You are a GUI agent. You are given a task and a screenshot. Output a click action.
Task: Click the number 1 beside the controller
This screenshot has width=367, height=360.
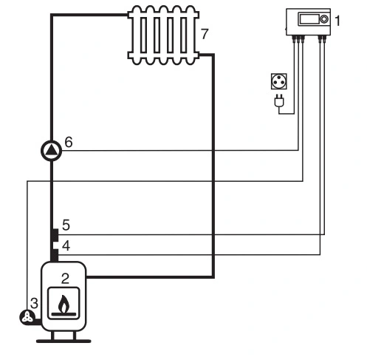coord(337,21)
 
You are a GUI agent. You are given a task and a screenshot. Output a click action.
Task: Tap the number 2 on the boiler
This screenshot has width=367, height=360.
coord(65,279)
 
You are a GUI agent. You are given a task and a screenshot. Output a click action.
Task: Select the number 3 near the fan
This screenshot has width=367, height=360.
coord(34,303)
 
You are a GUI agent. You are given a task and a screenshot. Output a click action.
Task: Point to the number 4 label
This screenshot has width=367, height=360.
coord(66,245)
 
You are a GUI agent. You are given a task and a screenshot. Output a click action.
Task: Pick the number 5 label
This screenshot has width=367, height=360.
coord(66,225)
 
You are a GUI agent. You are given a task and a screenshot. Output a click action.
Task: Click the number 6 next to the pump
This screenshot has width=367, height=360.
coord(69,142)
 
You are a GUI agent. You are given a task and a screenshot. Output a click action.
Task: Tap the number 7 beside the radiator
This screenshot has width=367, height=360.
coord(205,34)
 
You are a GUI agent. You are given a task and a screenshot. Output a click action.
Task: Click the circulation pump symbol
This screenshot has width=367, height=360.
coord(51,151)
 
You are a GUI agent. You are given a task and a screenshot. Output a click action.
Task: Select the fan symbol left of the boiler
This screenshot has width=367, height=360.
coord(27,317)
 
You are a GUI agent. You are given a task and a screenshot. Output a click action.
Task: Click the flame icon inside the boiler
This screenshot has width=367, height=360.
coord(64,304)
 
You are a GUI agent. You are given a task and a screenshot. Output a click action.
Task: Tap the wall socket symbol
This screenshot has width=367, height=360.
coord(279,81)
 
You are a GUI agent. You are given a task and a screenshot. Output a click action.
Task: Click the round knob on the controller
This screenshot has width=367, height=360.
coord(324,19)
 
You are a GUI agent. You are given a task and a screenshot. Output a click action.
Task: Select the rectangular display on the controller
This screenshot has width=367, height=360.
coord(309,19)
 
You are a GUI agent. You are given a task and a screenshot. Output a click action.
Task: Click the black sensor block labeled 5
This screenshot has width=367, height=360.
coord(55,235)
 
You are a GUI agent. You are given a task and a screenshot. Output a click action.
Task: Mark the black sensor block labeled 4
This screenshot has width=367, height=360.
coord(55,255)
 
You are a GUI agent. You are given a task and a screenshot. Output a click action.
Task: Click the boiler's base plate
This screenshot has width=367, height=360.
coord(64,341)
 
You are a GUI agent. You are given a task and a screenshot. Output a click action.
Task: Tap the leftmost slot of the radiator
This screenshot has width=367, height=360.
coord(143,35)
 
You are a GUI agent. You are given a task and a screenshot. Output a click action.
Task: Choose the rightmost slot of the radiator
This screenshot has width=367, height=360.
coord(183,35)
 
